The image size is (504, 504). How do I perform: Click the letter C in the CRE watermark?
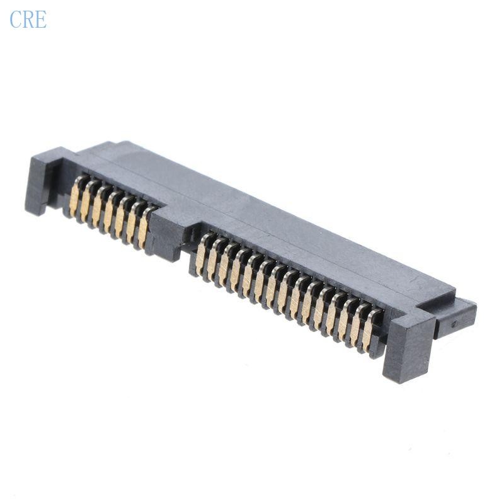pyautogui.click(x=15, y=20)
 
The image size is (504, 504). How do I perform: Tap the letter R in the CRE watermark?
pyautogui.click(x=28, y=20)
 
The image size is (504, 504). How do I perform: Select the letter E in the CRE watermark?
pyautogui.click(x=40, y=20)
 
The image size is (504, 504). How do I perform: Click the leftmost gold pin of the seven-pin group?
pyautogui.click(x=76, y=197)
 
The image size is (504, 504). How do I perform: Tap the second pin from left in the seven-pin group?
pyautogui.click(x=86, y=202)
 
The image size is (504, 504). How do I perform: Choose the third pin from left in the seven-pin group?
pyautogui.click(x=98, y=207)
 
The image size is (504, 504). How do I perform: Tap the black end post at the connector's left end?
pyautogui.click(x=43, y=183)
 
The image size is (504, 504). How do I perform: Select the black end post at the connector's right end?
pyautogui.click(x=408, y=346)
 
